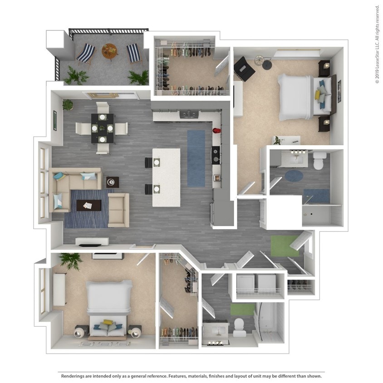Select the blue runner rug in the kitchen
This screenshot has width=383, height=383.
[x=196, y=158]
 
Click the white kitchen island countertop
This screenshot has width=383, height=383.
[x=166, y=177]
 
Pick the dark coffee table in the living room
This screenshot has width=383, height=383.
[x=89, y=205]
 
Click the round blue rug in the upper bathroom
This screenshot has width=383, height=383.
[x=294, y=175]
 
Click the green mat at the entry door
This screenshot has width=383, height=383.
[x=285, y=246]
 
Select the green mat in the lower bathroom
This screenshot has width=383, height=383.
[x=242, y=309]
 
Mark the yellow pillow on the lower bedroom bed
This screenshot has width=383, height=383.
[x=107, y=323]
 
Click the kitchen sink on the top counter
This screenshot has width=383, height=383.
[x=188, y=115]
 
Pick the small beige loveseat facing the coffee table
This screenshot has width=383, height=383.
[x=118, y=210]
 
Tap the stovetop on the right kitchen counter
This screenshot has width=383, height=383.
[x=216, y=154]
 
